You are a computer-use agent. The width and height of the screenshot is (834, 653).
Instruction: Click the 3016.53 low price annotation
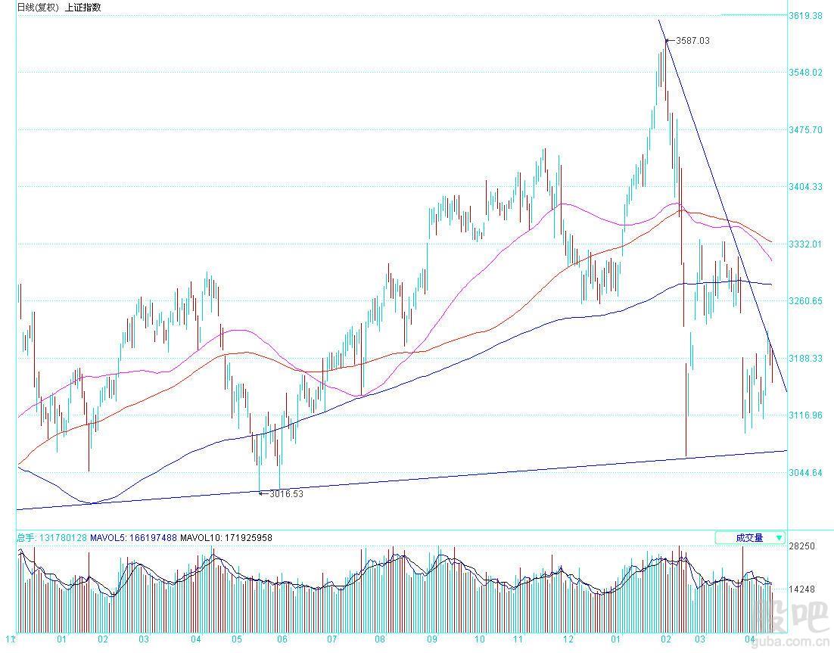pyautogui.click(x=288, y=494)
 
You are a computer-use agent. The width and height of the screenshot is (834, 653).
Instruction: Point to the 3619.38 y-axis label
pyautogui.click(x=805, y=15)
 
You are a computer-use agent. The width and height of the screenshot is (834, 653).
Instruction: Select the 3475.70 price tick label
pyautogui.click(x=805, y=130)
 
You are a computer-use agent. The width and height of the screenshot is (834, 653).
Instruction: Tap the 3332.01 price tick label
pyautogui.click(x=805, y=244)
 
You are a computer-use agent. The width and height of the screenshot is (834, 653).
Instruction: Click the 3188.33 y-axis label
pyautogui.click(x=805, y=359)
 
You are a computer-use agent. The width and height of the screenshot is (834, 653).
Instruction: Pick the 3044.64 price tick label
pyautogui.click(x=805, y=474)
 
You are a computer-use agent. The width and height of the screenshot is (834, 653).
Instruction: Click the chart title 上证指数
pyautogui.click(x=82, y=8)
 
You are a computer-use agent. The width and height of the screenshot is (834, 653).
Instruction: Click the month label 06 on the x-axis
pyautogui.click(x=282, y=639)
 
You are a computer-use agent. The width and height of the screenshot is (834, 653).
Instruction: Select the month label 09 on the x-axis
pyautogui.click(x=431, y=639)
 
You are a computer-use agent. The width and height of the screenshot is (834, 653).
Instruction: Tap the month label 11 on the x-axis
pyautogui.click(x=518, y=639)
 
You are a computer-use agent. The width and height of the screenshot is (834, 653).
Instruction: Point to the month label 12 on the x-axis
pyautogui.click(x=568, y=639)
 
